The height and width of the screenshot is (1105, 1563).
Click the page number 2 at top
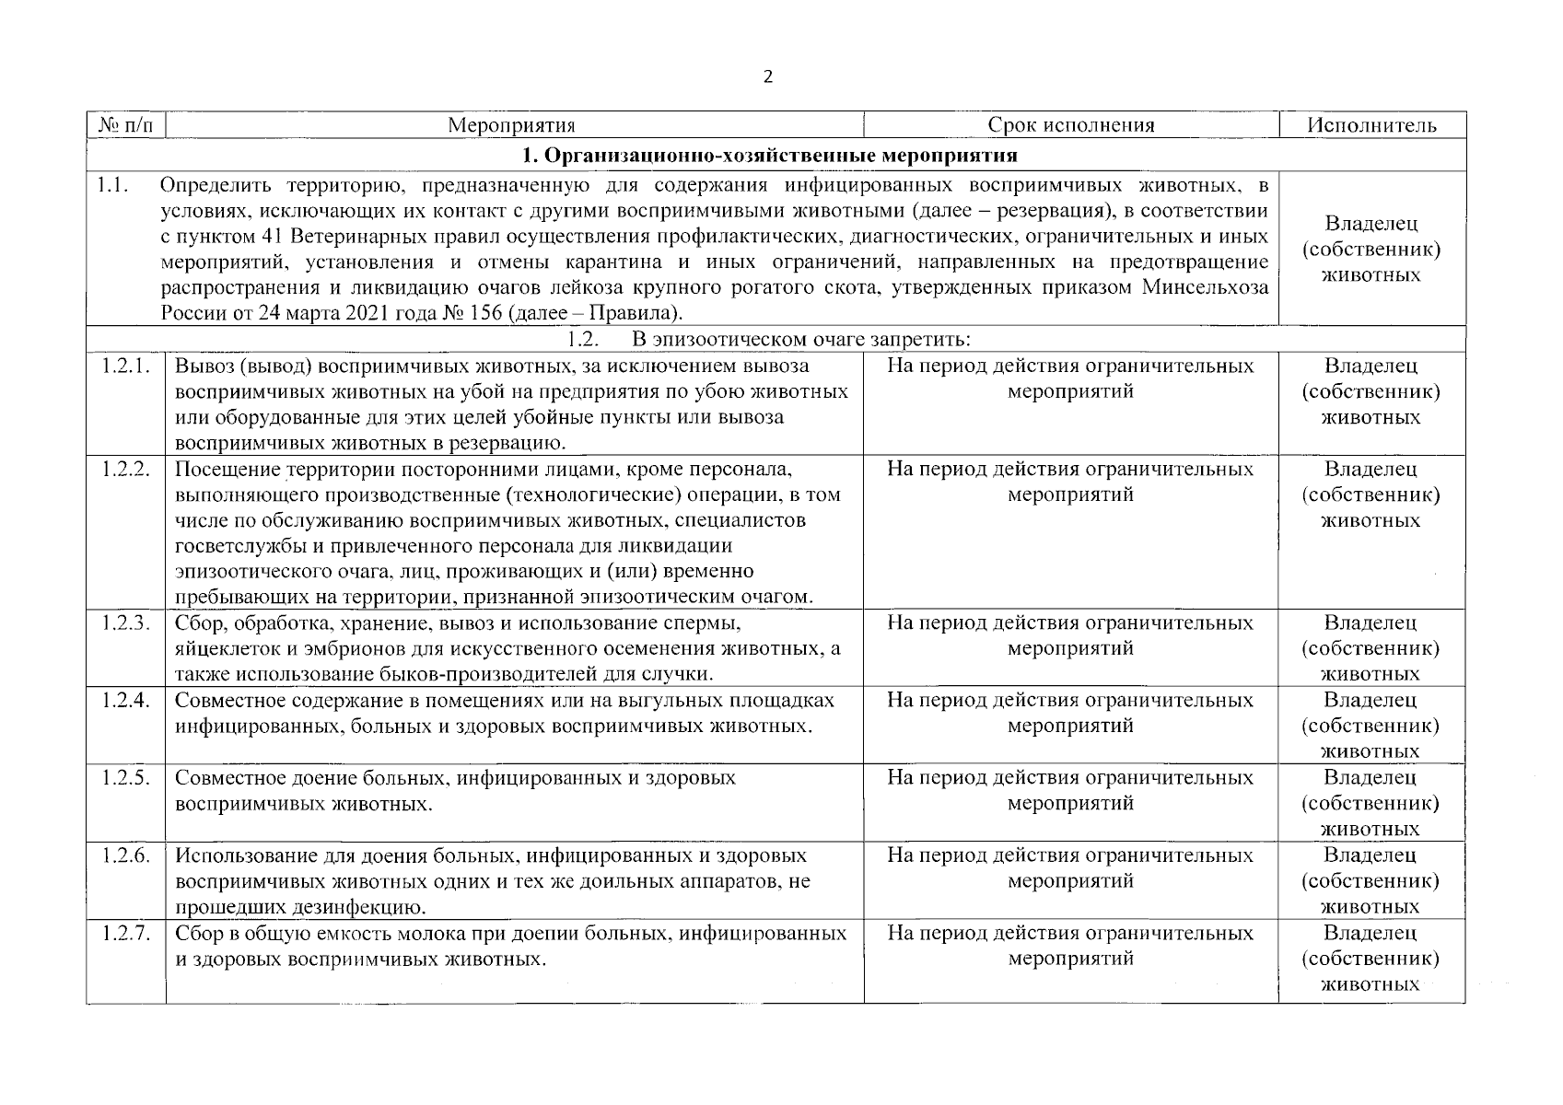pos(768,76)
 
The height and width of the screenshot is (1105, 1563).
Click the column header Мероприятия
pos(511,125)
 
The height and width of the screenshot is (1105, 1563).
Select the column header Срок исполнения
pos(1070,125)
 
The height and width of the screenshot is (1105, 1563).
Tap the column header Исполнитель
pos(1371,125)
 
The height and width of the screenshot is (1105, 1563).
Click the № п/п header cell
pos(125,125)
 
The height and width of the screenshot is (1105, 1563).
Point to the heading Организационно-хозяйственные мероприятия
pos(770,154)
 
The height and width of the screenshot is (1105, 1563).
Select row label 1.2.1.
pos(125,366)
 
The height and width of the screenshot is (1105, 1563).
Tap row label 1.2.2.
pos(125,470)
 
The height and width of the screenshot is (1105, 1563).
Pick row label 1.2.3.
pos(125,623)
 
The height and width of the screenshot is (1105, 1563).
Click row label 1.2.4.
pos(125,701)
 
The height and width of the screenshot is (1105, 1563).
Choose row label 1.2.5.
pos(125,778)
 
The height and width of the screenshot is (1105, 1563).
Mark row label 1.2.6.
pos(125,855)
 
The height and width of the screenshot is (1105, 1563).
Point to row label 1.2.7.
pos(125,934)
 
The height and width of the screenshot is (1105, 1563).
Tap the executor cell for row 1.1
pos(1371,250)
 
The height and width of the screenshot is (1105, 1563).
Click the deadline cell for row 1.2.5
pos(1070,790)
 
